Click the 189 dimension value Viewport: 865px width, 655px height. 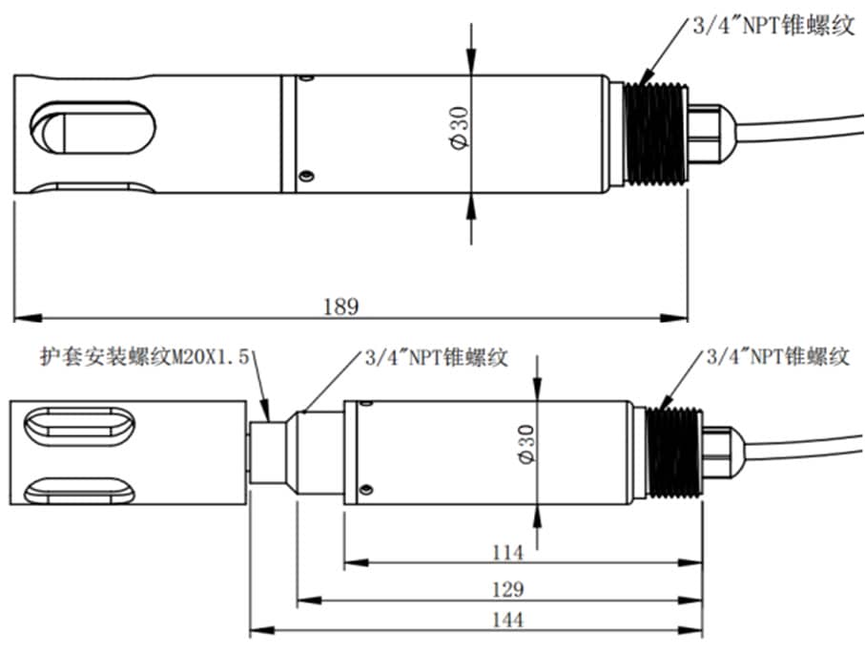coord(340,306)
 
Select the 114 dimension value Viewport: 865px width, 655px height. coord(507,552)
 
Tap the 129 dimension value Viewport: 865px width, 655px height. coord(507,589)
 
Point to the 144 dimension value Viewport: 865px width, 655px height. coord(507,620)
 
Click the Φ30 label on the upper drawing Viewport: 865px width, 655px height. coord(460,128)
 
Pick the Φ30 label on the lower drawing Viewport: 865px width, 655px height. coord(526,444)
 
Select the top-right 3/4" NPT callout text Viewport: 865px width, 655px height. coord(773,26)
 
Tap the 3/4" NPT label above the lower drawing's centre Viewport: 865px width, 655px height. coord(436,357)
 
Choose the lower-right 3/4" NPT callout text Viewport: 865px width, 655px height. coord(778,356)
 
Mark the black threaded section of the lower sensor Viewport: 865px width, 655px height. coord(674,453)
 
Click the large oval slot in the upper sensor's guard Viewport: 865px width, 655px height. coord(93,128)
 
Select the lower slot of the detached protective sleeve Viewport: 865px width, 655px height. coord(79,491)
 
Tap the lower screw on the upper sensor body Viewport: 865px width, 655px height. coord(306,177)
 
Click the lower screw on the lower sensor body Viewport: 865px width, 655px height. coord(365,490)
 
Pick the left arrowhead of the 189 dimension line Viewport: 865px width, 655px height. coord(28,318)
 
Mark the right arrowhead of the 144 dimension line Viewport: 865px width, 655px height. coord(690,630)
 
